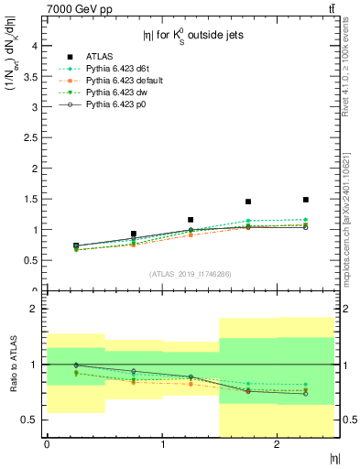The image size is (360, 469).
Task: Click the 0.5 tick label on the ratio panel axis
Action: [30, 420]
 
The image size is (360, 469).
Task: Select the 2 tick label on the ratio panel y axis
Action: [34, 309]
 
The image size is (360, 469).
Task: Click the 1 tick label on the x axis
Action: [162, 444]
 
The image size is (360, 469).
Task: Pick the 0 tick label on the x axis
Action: [47, 444]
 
